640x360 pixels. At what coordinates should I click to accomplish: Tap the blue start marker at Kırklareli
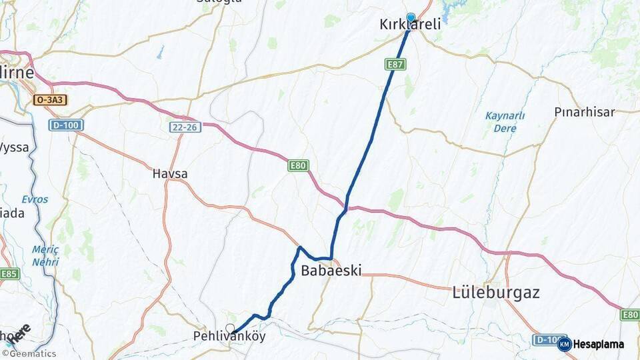(411, 18)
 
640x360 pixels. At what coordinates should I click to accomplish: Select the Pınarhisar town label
(584, 112)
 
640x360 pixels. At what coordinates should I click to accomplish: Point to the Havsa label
(170, 174)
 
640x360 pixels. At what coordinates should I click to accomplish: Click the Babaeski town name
(331, 271)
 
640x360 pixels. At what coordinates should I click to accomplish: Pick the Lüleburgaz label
(495, 292)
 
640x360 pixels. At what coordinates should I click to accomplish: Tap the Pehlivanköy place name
(229, 337)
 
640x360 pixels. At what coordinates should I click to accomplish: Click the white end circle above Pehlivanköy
(230, 328)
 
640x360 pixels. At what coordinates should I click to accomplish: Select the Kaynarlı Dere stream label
(505, 121)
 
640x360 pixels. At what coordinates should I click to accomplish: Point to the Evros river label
(34, 199)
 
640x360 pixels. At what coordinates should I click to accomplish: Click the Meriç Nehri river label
(45, 255)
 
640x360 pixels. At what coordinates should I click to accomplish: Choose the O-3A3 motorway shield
(50, 100)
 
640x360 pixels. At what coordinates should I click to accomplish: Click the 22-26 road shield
(185, 127)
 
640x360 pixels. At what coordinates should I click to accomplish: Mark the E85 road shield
(10, 274)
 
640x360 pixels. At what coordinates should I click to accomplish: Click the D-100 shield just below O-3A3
(66, 125)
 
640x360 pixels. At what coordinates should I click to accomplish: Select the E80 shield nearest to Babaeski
(299, 165)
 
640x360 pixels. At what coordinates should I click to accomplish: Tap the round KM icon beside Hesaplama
(564, 344)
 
